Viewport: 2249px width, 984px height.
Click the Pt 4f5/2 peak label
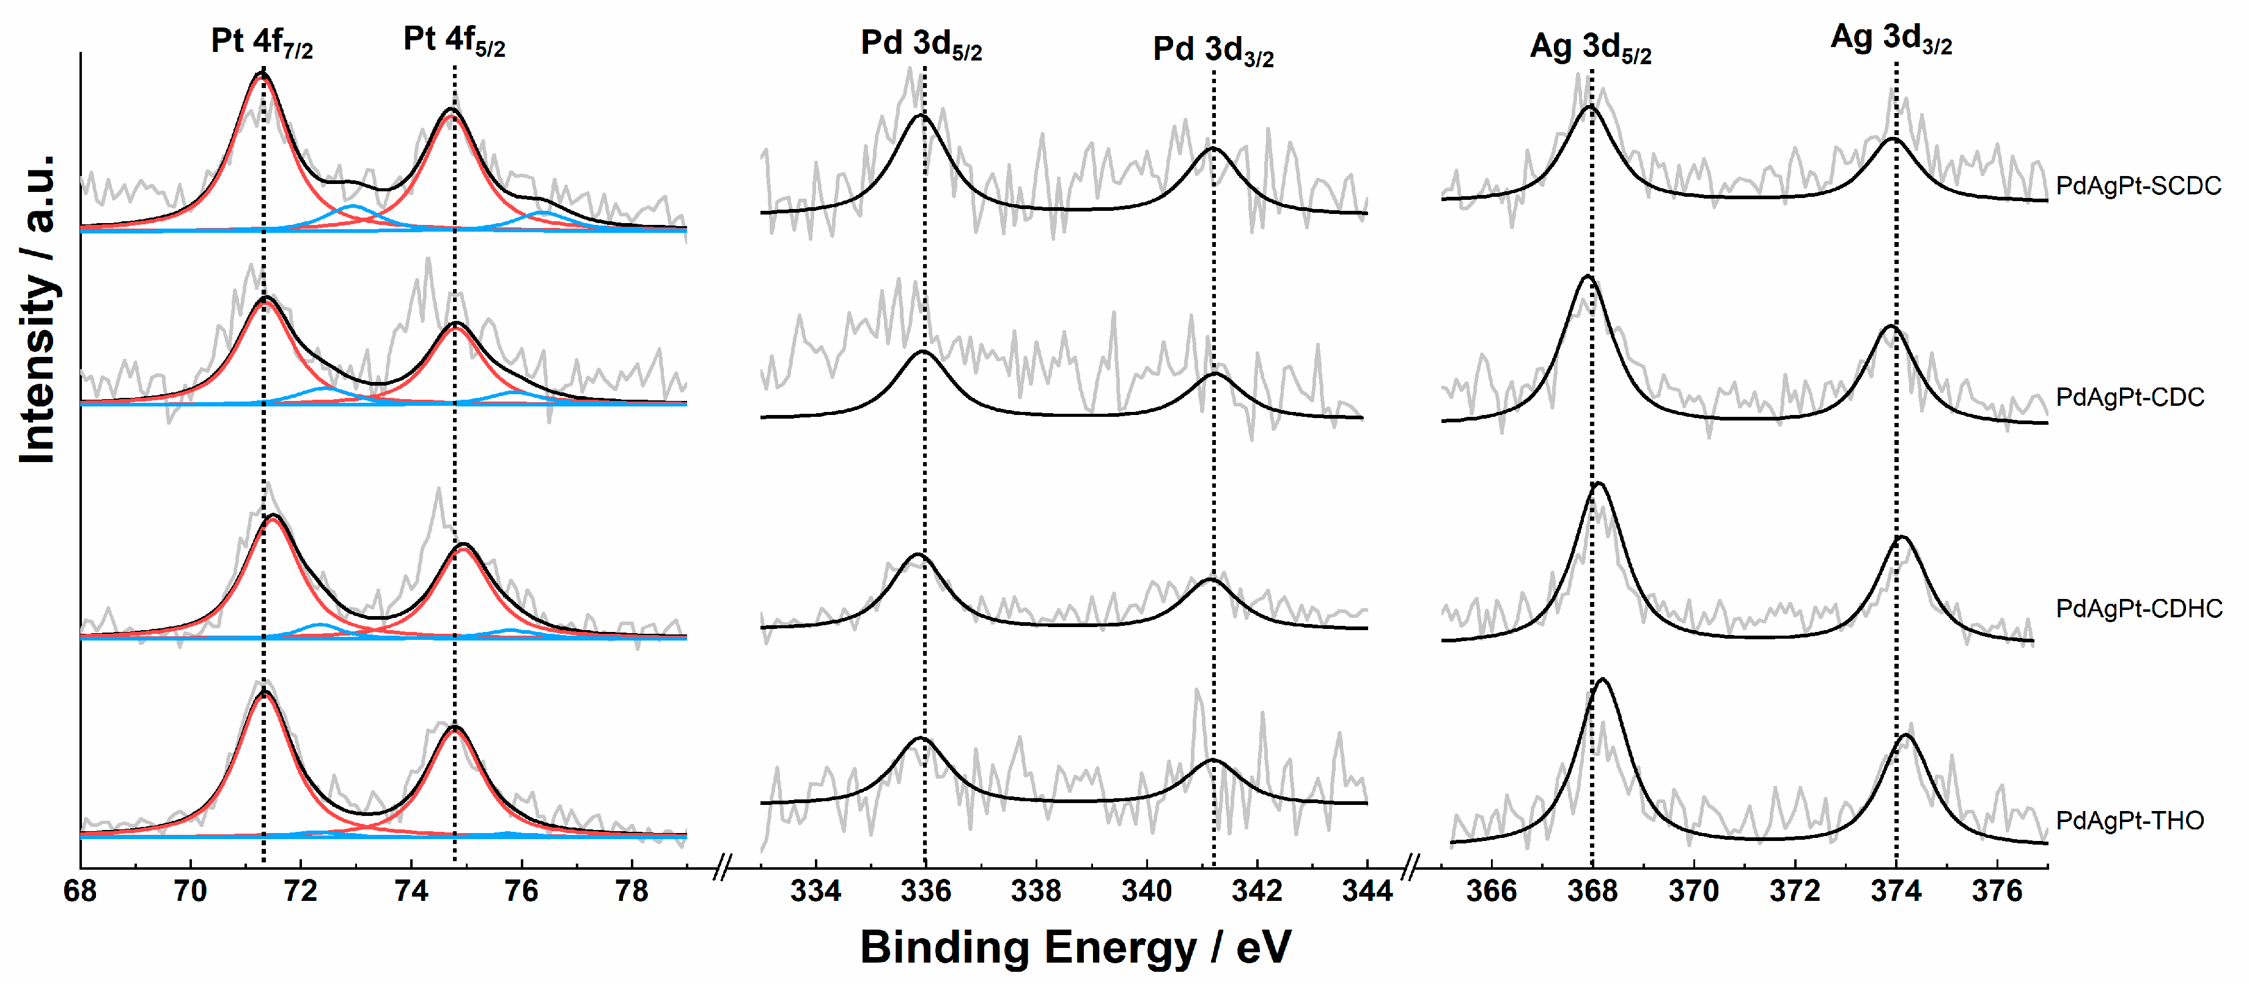454,40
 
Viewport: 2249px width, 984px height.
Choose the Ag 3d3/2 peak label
1891,39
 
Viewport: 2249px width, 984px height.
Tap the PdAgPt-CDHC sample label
2139,609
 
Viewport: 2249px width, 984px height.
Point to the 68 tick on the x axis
80,892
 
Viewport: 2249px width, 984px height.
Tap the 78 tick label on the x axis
631,892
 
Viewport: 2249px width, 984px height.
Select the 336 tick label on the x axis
926,892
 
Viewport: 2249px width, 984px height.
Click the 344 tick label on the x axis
1366,892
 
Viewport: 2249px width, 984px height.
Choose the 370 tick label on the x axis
1694,892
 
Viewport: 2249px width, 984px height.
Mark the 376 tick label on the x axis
1998,892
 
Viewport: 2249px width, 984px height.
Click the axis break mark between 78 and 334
721,868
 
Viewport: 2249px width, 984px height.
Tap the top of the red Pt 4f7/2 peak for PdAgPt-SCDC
259,77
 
